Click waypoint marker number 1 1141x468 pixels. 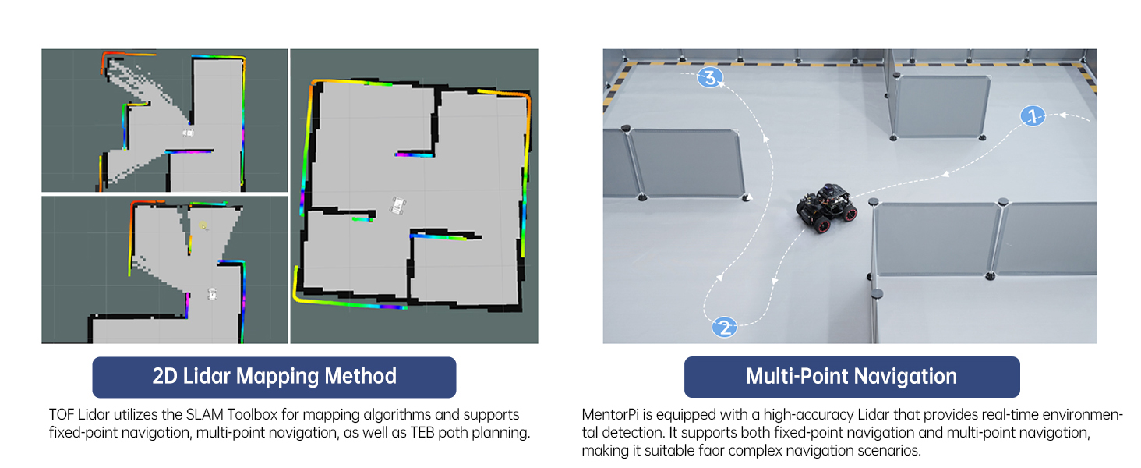(1033, 117)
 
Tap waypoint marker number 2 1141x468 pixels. (724, 327)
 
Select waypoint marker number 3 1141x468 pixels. (709, 77)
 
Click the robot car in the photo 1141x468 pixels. (827, 207)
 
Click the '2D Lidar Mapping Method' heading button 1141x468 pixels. (274, 377)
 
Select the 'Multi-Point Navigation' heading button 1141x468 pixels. (851, 377)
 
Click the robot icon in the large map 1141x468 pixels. (399, 206)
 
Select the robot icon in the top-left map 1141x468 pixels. (188, 133)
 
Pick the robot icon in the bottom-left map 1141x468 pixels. (212, 294)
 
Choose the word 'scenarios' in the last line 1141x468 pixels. (888, 451)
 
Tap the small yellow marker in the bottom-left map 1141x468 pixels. (203, 226)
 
